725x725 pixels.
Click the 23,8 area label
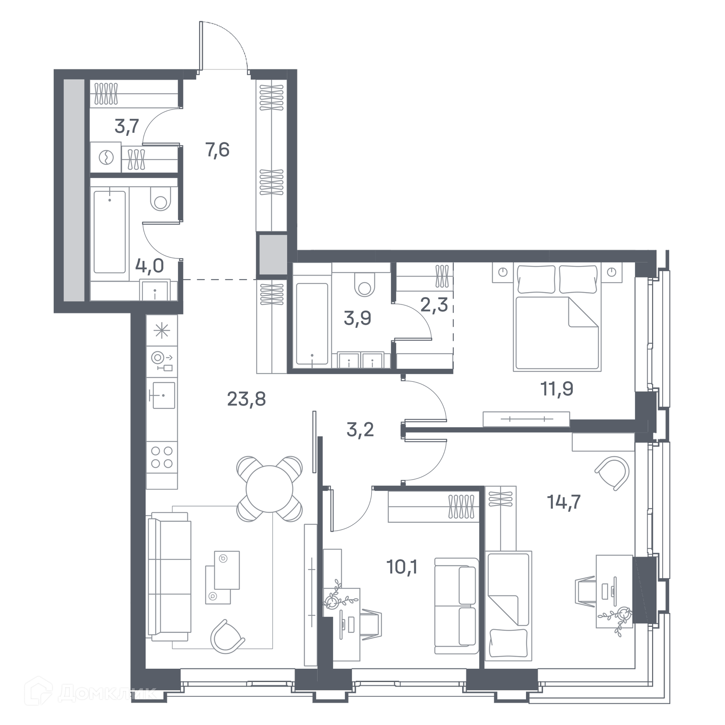(x=247, y=399)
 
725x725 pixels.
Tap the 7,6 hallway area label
(x=217, y=150)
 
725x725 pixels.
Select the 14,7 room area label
(x=564, y=502)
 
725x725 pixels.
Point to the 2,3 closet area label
(x=434, y=305)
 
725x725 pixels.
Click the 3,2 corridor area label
(x=360, y=429)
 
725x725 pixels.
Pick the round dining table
(x=269, y=489)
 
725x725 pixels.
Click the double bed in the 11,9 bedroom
(x=557, y=317)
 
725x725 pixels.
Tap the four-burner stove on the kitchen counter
(x=162, y=457)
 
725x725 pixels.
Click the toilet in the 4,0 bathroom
(x=160, y=199)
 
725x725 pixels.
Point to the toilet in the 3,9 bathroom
(x=364, y=285)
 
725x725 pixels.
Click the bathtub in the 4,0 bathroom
(x=110, y=232)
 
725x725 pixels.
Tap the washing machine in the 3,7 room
(x=106, y=157)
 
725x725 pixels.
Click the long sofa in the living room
(x=170, y=577)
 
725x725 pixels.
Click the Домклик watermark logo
(x=91, y=693)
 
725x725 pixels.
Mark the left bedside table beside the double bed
(x=503, y=272)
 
